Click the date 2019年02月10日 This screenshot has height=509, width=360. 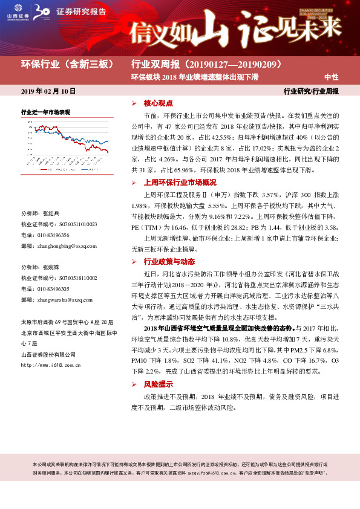[48, 91]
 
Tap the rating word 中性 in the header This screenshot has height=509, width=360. [331, 77]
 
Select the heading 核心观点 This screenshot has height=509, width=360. [159, 103]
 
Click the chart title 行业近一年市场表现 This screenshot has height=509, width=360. [46, 112]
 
